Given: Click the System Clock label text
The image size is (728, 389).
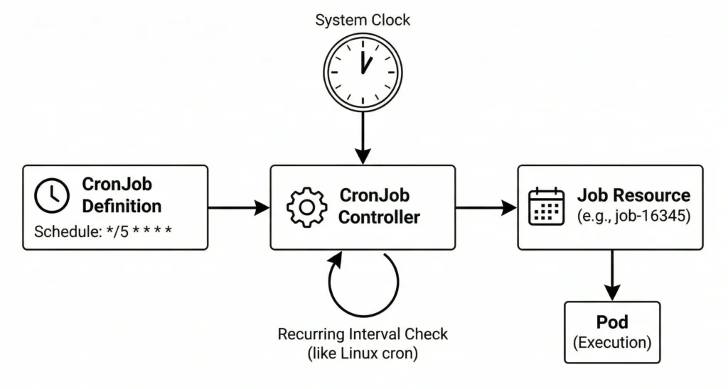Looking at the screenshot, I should coord(363,19).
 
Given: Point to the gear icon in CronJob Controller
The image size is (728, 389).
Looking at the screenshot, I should coord(306,207).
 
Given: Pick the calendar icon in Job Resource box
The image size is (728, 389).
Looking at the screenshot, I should coord(547,207).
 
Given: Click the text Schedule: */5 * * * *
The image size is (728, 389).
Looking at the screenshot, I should coord(103,231).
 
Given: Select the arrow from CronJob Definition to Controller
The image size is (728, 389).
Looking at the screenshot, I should coord(239,207).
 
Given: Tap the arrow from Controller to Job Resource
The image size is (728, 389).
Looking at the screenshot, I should coord(486,207).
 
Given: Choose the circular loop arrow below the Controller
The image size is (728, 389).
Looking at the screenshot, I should coord(363,286).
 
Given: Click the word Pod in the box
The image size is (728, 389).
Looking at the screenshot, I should coord(612,323).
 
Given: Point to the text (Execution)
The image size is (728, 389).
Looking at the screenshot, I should coord(612,342).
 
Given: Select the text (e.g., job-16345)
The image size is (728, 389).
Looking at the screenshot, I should coord(633,217).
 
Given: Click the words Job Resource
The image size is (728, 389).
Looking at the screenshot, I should coord(633,195).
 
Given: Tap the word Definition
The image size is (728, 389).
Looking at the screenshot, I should coord(122,207).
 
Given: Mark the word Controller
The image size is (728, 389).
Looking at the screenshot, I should coord(379,217).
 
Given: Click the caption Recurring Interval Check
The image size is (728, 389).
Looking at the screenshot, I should coord(363,334).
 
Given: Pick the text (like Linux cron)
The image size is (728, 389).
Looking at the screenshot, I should coord(363,353).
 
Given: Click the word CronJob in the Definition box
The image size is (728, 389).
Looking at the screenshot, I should coord(117,184).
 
